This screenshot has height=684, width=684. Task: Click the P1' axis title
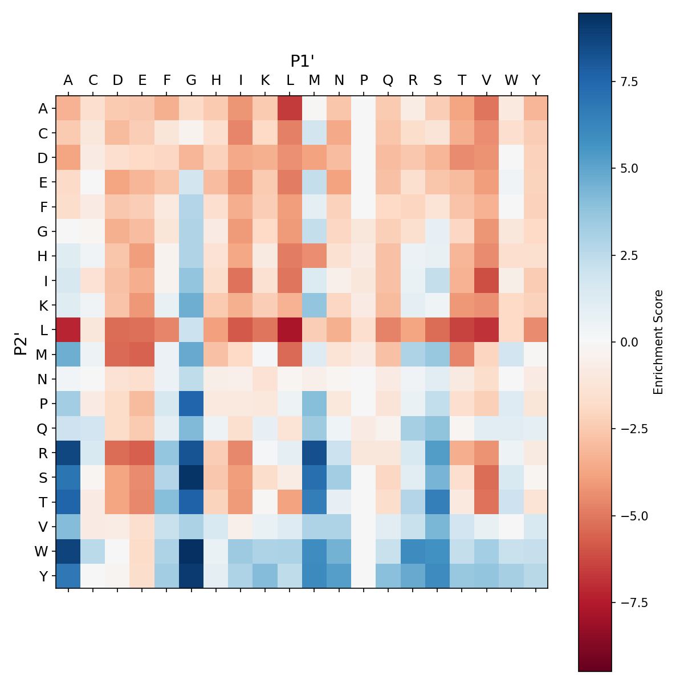pyautogui.click(x=302, y=61)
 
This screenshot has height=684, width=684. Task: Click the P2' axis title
pyautogui.click(x=21, y=342)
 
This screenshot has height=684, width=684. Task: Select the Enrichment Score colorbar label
pyautogui.click(x=659, y=342)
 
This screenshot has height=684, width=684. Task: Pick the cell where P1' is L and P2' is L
pyautogui.click(x=290, y=329)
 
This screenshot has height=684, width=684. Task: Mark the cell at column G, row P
pyautogui.click(x=192, y=403)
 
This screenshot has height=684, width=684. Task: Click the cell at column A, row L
pyautogui.click(x=68, y=329)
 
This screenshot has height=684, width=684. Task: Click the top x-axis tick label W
pyautogui.click(x=511, y=80)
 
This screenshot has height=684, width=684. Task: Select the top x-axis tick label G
pyautogui.click(x=192, y=80)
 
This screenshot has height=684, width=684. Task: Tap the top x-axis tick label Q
pyautogui.click(x=388, y=80)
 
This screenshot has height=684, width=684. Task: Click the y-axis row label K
pyautogui.click(x=43, y=305)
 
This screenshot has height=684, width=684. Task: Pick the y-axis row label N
pyautogui.click(x=43, y=378)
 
